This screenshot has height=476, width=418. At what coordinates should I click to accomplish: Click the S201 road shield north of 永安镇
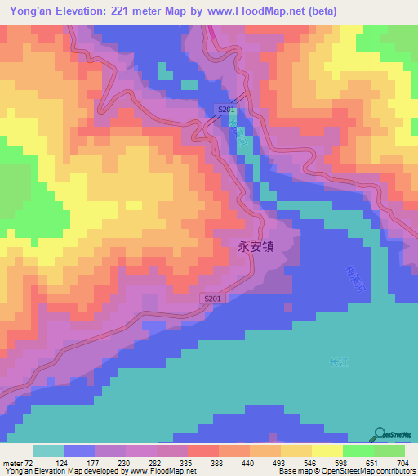click(x=227, y=110)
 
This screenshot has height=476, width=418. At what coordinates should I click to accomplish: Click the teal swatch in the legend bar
click(x=48, y=451)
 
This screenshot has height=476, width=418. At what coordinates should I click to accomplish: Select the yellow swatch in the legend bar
click(x=327, y=451)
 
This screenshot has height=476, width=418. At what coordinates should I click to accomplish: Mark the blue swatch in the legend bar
click(x=79, y=451)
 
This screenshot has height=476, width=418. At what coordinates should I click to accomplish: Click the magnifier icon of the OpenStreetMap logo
click(x=381, y=433)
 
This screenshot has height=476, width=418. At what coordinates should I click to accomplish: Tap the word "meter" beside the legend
click(x=12, y=463)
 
